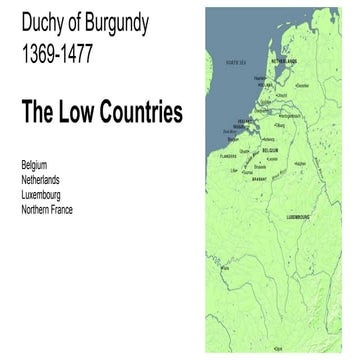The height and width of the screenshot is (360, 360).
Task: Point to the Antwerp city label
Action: [267, 137]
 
